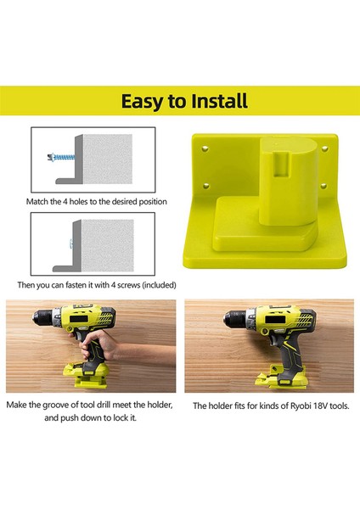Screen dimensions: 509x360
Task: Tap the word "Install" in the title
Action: click(214, 102)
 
